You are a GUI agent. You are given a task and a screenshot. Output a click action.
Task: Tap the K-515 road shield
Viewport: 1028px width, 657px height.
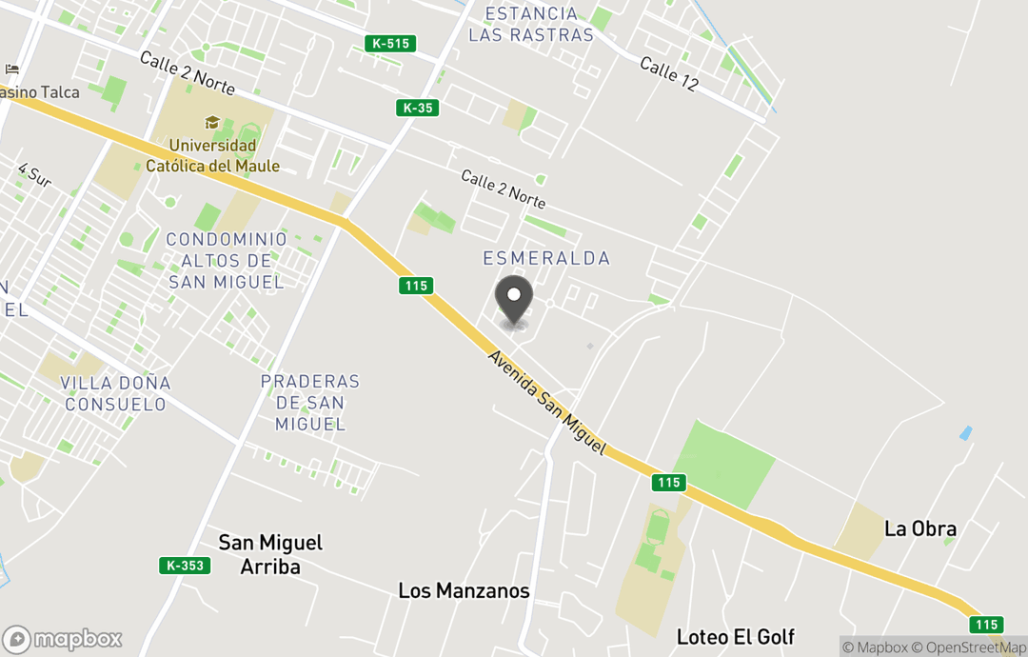[390, 43]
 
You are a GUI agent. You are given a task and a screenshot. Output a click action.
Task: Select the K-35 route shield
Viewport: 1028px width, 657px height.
[417, 108]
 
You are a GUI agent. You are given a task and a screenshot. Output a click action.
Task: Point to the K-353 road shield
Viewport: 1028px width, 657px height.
[185, 566]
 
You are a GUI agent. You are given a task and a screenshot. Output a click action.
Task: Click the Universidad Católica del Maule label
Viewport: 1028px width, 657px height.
[212, 156]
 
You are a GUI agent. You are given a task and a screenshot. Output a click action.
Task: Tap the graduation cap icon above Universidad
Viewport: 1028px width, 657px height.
[212, 123]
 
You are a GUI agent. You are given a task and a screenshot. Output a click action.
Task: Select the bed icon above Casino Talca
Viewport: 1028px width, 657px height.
[11, 70]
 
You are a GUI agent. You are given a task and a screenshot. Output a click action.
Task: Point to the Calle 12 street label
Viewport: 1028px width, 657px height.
[669, 74]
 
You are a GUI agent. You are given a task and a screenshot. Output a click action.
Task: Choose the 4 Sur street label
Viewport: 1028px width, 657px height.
[34, 174]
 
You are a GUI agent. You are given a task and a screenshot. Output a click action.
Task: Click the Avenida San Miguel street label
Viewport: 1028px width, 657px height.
[546, 401]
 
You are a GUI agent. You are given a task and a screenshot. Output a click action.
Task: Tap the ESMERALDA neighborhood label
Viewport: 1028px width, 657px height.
[546, 258]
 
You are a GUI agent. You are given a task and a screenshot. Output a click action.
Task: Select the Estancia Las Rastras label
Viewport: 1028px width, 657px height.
[531, 25]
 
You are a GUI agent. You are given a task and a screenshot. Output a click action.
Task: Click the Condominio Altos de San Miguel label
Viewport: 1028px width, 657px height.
[227, 260]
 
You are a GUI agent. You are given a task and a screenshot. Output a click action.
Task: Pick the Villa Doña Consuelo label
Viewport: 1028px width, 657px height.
[115, 393]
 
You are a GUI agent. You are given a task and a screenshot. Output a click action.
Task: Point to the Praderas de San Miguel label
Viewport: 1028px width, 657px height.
[310, 403]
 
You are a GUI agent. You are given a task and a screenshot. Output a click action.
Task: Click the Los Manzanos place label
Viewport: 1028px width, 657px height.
[464, 590]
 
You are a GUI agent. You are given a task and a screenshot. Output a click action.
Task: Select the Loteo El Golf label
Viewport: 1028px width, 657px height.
[736, 636]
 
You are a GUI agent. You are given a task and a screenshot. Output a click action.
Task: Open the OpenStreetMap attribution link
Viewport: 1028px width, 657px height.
[969, 647]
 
